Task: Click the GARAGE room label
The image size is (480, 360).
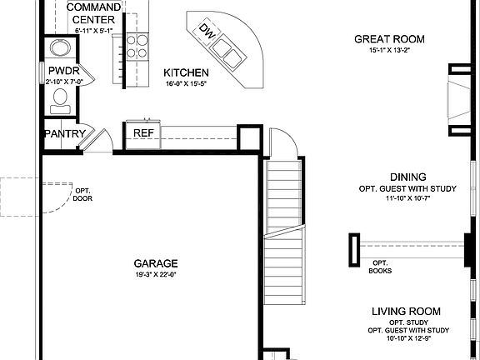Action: point(156,262)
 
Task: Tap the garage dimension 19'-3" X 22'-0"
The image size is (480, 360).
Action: point(156,274)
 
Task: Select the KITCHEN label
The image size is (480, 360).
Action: point(186,72)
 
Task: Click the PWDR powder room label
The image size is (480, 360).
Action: point(62,72)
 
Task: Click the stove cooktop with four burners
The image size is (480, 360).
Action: point(137,47)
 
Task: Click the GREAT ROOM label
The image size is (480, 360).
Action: point(389,39)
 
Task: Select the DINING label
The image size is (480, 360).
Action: point(408,177)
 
